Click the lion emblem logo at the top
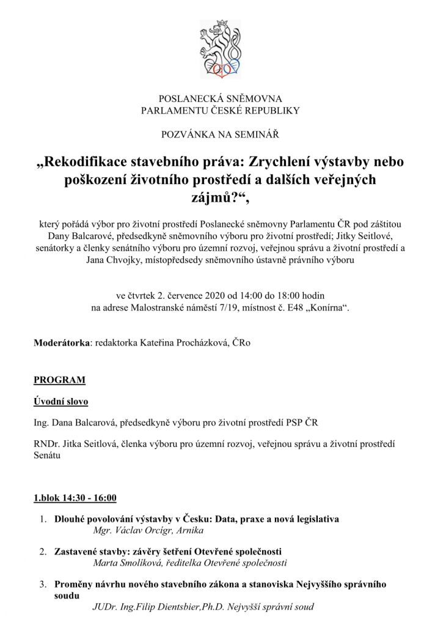click(x=221, y=49)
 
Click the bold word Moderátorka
click(x=61, y=343)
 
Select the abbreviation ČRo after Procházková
click(x=241, y=343)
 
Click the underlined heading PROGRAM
click(x=59, y=380)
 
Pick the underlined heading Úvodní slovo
click(x=60, y=402)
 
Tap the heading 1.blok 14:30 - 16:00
click(x=75, y=498)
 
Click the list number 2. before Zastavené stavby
click(x=44, y=551)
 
